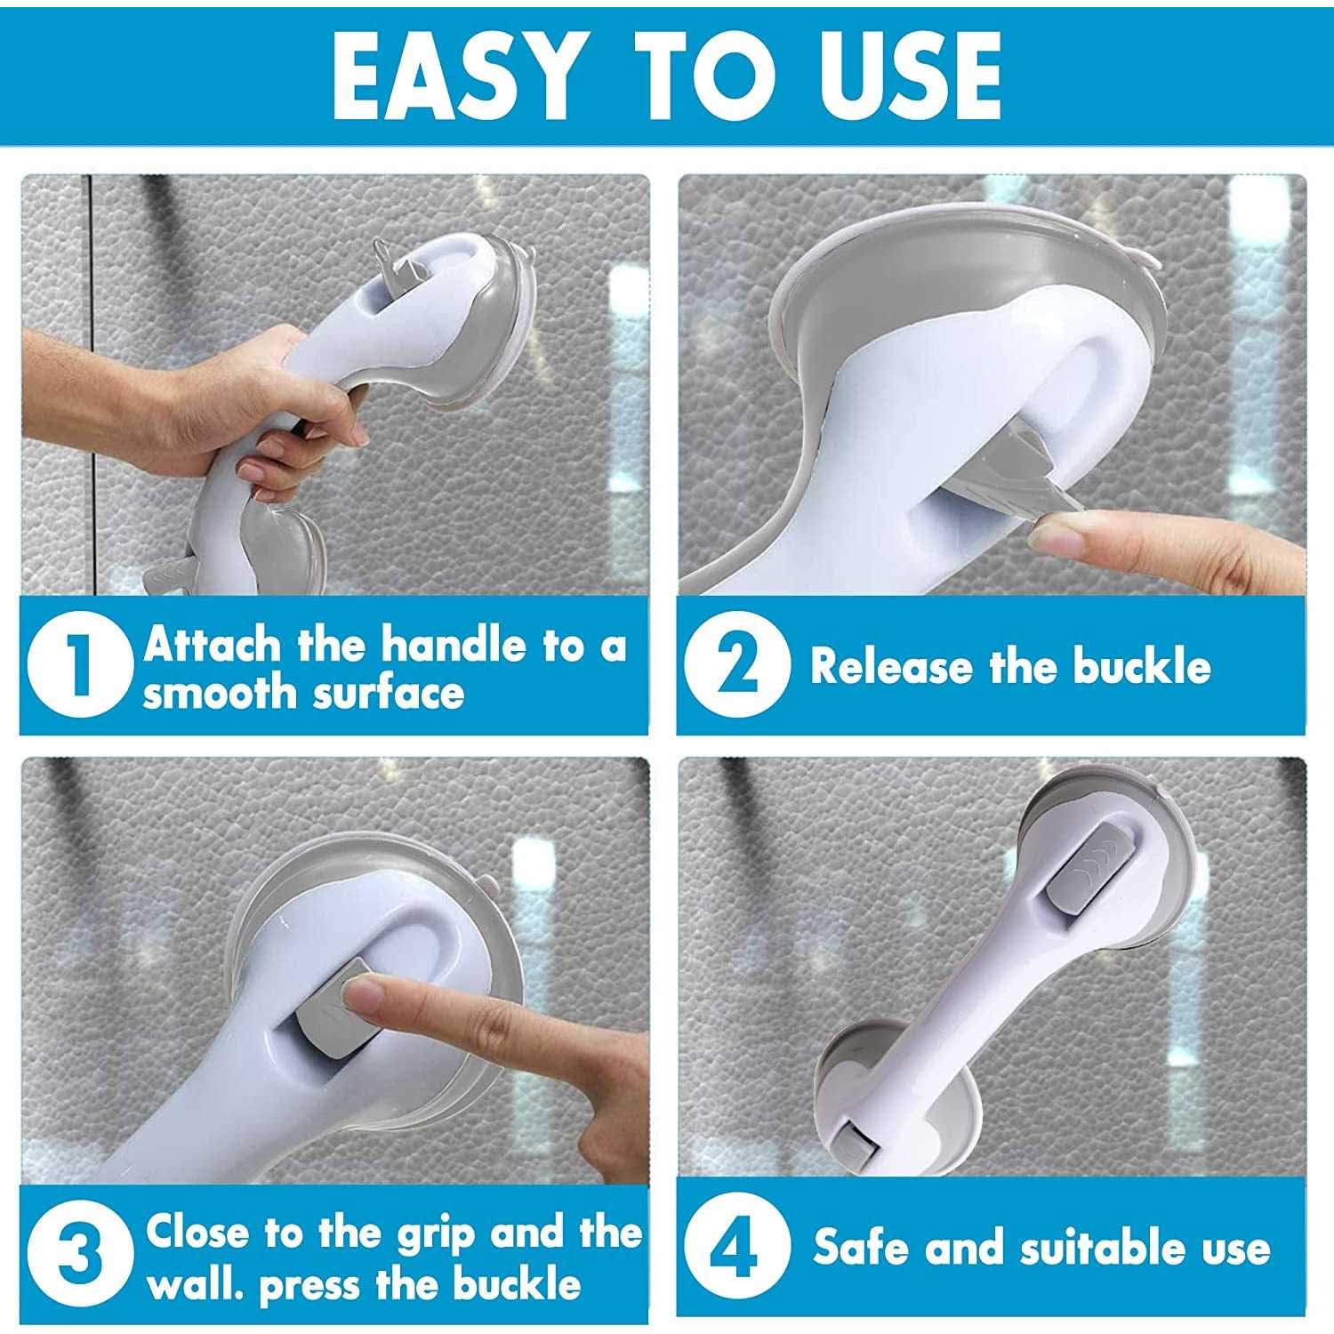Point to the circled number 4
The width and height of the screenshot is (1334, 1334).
735,1247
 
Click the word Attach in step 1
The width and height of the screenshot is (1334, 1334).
212,645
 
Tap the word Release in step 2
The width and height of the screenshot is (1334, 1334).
890,667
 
